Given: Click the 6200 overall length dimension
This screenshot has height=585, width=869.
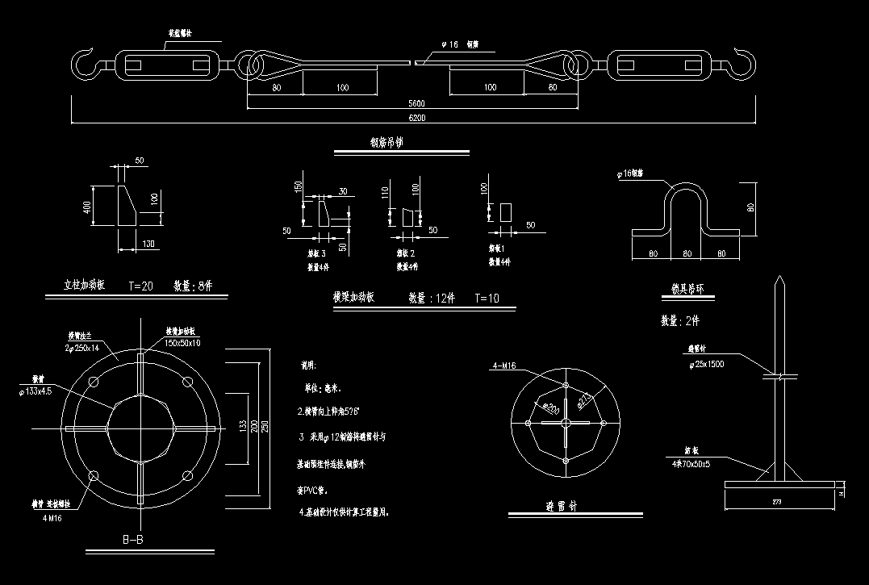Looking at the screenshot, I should tap(416, 118).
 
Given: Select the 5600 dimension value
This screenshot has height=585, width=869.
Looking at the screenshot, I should tap(416, 103).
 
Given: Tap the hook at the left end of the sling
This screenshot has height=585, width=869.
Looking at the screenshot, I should tap(83, 64).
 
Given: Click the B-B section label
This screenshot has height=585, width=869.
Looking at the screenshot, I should tap(133, 539).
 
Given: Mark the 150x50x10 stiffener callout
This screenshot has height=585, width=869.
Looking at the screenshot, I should tap(183, 343).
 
